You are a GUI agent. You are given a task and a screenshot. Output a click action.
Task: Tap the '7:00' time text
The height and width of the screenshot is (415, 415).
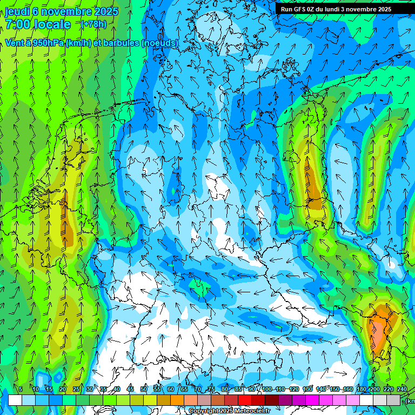[x=18, y=24]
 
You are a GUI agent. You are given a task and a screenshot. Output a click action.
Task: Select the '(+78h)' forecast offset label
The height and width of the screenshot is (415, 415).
[x=93, y=24]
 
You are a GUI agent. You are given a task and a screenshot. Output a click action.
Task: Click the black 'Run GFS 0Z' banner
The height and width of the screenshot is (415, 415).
[x=336, y=9]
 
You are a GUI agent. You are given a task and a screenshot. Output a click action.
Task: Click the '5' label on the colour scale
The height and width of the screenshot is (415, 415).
[x=21, y=389]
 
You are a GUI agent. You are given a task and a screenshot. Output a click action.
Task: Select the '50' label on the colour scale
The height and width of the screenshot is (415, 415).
[x=144, y=389]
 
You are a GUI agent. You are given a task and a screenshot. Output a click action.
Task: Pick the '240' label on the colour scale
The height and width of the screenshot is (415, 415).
[x=401, y=389]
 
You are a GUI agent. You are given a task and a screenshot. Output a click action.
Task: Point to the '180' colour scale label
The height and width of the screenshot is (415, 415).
[x=360, y=389]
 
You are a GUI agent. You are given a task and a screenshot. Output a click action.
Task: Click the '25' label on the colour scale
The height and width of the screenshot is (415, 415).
[x=76, y=389]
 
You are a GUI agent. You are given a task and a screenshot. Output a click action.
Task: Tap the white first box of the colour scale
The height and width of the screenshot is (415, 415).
[x=15, y=400]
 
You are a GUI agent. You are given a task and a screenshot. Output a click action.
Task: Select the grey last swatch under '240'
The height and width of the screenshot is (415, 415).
[x=393, y=400]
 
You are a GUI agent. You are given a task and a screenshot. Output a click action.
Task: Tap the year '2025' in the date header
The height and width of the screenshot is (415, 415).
[x=106, y=11]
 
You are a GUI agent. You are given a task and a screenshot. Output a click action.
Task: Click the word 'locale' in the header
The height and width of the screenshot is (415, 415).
[x=52, y=24]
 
